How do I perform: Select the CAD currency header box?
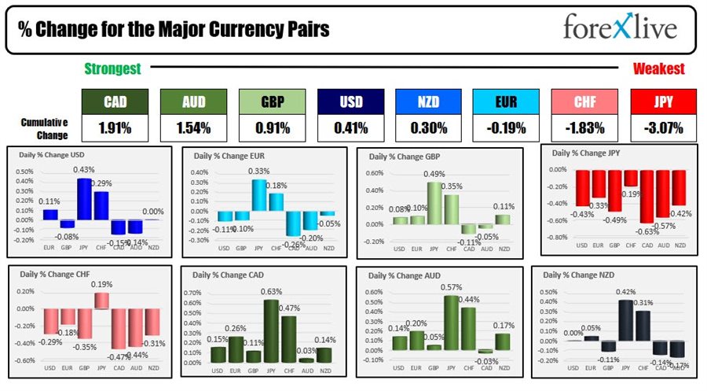(x=115, y=101)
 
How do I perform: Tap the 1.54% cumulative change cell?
(x=194, y=127)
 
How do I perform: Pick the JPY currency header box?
(x=663, y=101)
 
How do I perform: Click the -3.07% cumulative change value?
(x=663, y=127)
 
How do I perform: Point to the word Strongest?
(x=112, y=69)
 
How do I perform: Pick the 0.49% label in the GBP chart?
(x=434, y=174)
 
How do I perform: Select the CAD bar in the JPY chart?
(x=647, y=197)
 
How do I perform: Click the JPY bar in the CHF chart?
(x=101, y=301)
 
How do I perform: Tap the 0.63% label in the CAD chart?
(x=273, y=292)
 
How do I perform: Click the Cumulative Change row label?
(x=44, y=127)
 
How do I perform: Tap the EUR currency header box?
(x=507, y=101)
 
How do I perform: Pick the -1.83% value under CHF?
(x=584, y=127)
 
